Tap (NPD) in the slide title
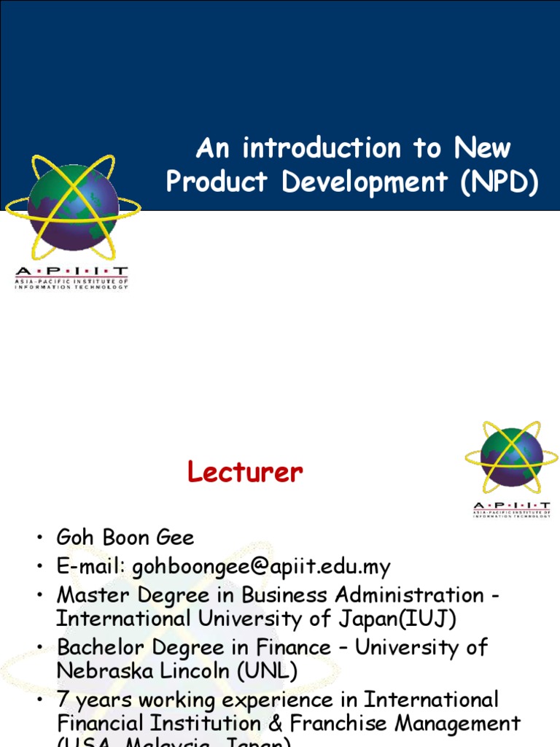(x=499, y=182)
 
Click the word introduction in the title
(x=321, y=149)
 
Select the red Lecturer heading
(x=244, y=473)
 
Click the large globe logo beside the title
(x=72, y=206)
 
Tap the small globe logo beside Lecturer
(x=511, y=457)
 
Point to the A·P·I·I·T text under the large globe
(x=71, y=272)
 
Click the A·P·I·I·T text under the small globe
(x=511, y=505)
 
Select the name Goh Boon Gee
(x=125, y=538)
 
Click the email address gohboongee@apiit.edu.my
(x=261, y=567)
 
